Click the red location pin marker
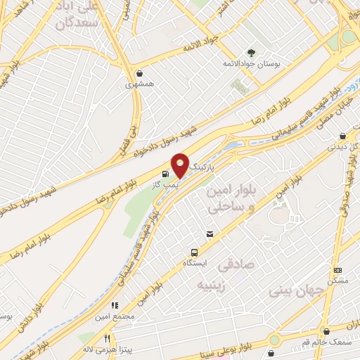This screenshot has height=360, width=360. coord(181,165)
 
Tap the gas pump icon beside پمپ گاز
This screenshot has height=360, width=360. coord(165,174)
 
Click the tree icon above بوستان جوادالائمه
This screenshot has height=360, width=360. coord(251,53)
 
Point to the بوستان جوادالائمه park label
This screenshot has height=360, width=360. coord(251,64)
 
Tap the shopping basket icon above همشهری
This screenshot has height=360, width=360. coord(140,73)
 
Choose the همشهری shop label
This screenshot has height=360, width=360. coord(139,84)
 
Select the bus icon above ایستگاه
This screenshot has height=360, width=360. coord(193,252)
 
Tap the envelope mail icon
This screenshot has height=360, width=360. coord(210,234)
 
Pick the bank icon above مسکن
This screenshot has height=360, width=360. coord(337,270)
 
